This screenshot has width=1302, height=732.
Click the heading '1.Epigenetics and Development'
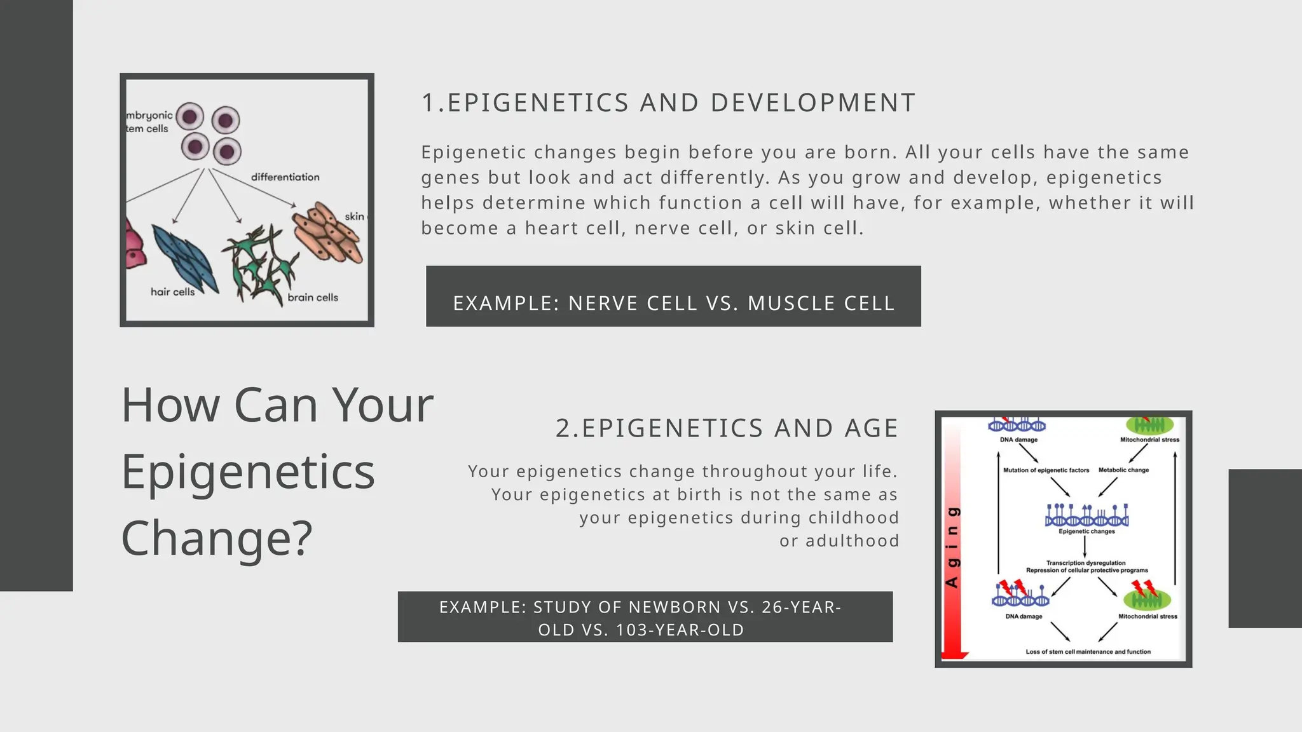(668, 103)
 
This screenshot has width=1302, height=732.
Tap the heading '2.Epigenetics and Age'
(727, 428)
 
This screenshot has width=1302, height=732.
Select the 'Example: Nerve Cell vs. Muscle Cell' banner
(673, 303)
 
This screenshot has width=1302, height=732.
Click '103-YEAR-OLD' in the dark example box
(680, 630)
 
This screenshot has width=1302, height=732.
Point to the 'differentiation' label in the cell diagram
(285, 177)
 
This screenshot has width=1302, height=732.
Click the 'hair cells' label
(172, 292)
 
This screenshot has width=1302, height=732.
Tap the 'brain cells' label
(313, 297)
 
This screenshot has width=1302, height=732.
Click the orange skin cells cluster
(327, 233)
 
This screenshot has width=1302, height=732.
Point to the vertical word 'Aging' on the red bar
(952, 547)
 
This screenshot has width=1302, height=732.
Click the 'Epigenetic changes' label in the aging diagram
(1086, 531)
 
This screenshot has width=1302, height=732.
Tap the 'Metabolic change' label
(1123, 470)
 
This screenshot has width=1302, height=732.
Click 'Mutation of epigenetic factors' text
(1046, 470)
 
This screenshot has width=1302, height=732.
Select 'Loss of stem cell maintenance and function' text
(1088, 652)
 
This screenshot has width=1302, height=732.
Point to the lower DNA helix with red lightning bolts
(1020, 596)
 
